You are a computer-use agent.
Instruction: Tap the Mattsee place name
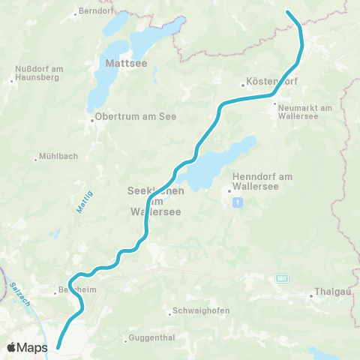point(124,63)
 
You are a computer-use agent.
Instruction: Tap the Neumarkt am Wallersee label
point(304,112)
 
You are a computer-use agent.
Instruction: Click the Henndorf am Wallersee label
point(259,183)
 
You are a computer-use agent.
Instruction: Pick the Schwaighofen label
point(202,310)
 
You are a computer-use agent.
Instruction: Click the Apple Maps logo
point(27,346)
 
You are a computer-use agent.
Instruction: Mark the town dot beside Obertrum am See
point(91,120)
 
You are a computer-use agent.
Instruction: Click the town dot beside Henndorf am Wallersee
point(229,190)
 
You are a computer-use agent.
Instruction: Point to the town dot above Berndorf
point(77,13)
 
